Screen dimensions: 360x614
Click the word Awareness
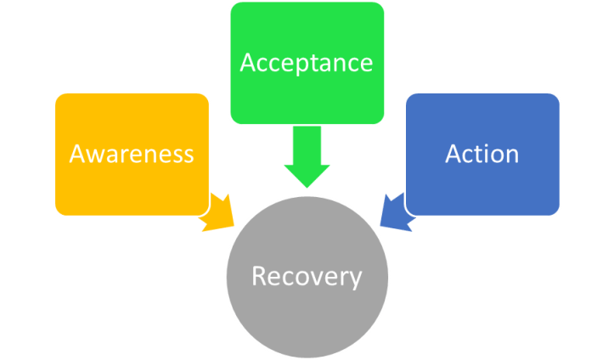pyautogui.click(x=132, y=154)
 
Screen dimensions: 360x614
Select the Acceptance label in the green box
pyautogui.click(x=307, y=63)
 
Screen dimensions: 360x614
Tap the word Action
pyautogui.click(x=482, y=154)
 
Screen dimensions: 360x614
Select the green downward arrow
pyautogui.click(x=307, y=157)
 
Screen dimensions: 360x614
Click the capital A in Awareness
pyautogui.click(x=77, y=154)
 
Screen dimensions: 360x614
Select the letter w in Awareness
pyautogui.click(x=95, y=155)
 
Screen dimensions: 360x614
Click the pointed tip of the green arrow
pyautogui.click(x=307, y=186)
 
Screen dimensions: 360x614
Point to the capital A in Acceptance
pyautogui.click(x=248, y=63)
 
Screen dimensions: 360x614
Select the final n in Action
pyautogui.click(x=511, y=155)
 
